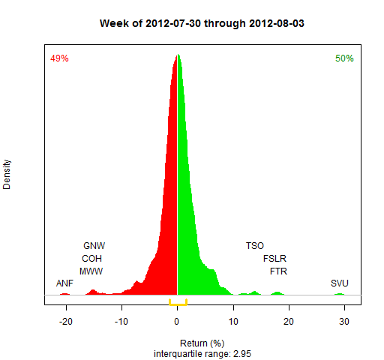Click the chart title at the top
pyautogui.click(x=202, y=23)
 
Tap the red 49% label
pyautogui.click(x=59, y=58)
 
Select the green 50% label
pyautogui.click(x=344, y=58)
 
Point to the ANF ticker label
pyautogui.click(x=64, y=283)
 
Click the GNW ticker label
pyautogui.click(x=94, y=246)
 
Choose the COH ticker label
pyautogui.click(x=91, y=259)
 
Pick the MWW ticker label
pyautogui.click(x=91, y=271)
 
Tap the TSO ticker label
pyautogui.click(x=255, y=246)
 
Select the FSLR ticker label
pyautogui.click(x=274, y=259)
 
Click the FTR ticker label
pyautogui.click(x=278, y=271)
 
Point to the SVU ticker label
pyautogui.click(x=340, y=283)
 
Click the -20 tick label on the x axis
pyautogui.click(x=66, y=322)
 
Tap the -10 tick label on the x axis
pyautogui.click(x=121, y=322)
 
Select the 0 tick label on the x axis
pyautogui.click(x=177, y=322)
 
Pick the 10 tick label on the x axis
pyautogui.click(x=233, y=322)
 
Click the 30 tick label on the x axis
pyautogui.click(x=344, y=322)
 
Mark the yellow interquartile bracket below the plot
pyautogui.click(x=178, y=304)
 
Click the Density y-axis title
pyautogui.click(x=7, y=175)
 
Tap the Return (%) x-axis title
pyautogui.click(x=202, y=343)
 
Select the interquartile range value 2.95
pyautogui.click(x=242, y=354)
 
